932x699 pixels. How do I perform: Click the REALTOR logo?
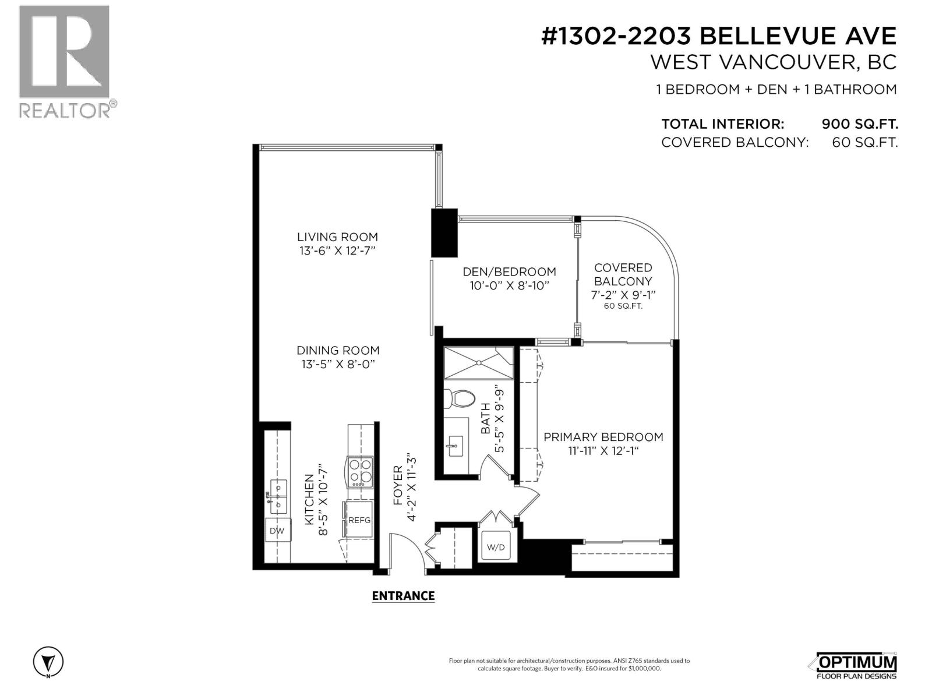pyautogui.click(x=64, y=61)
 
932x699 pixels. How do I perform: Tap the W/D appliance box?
pyautogui.click(x=496, y=547)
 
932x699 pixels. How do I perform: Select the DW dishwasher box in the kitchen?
pyautogui.click(x=277, y=531)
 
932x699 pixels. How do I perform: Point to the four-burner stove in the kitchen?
pyautogui.click(x=360, y=472)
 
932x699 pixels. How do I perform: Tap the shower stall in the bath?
pyautogui.click(x=479, y=363)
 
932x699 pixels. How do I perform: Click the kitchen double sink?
pyautogui.click(x=278, y=495)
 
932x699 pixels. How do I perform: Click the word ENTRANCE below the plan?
pyautogui.click(x=403, y=595)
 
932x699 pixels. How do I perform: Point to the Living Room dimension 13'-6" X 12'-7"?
pyautogui.click(x=337, y=251)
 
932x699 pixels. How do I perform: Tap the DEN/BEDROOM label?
pyautogui.click(x=509, y=271)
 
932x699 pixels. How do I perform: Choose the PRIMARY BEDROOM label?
pyautogui.click(x=603, y=437)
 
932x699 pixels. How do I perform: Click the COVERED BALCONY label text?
pyautogui.click(x=623, y=274)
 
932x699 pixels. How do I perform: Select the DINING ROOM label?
pyautogui.click(x=338, y=350)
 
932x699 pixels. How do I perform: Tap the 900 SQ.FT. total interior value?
pyautogui.click(x=859, y=124)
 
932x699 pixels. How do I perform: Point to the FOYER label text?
pyautogui.click(x=398, y=485)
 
